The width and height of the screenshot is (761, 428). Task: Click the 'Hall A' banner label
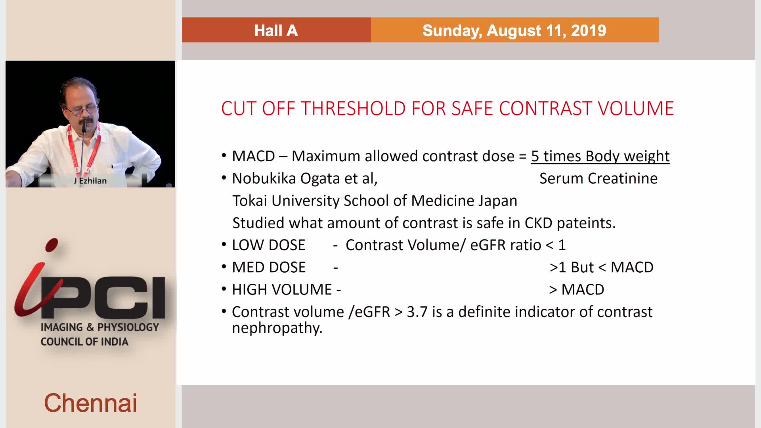(276, 31)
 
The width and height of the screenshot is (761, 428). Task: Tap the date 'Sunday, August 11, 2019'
(514, 31)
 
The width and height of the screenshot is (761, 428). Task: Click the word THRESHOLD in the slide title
(354, 108)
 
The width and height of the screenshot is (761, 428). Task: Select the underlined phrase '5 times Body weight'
(600, 156)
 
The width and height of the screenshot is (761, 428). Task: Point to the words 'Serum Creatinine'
(598, 178)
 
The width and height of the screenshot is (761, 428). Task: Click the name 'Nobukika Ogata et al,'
(305, 179)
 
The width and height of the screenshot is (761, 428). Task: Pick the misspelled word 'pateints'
(586, 223)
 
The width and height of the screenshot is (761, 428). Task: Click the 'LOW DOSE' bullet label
(269, 245)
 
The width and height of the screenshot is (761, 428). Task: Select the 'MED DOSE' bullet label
(269, 267)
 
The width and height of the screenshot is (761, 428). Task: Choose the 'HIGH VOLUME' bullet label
(282, 290)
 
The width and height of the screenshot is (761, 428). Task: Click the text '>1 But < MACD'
(601, 267)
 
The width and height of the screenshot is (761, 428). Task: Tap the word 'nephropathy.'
(277, 328)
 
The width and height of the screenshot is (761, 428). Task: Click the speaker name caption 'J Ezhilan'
(90, 181)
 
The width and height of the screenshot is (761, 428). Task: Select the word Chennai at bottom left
(90, 403)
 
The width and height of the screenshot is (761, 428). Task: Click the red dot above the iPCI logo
(52, 245)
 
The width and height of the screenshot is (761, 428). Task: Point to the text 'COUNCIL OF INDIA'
(84, 342)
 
